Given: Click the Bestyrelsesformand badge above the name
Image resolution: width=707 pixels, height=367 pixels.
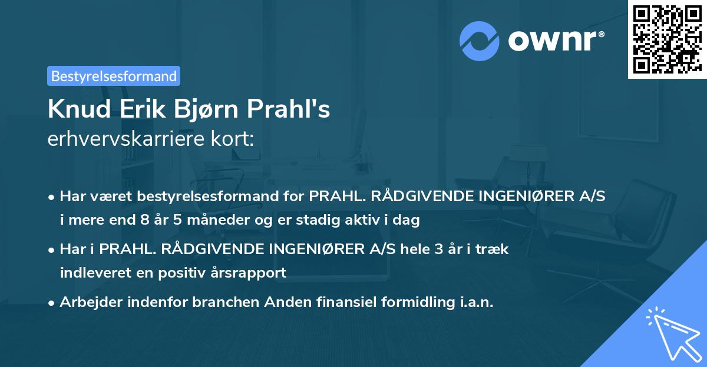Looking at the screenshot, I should tap(114, 76).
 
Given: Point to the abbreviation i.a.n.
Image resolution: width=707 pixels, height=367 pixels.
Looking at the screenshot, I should tap(473, 302).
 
